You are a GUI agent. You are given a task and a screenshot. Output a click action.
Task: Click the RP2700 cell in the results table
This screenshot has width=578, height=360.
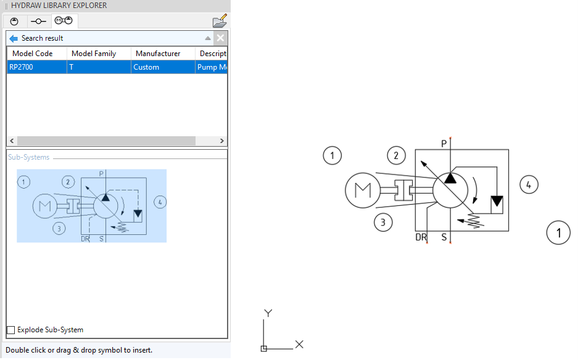pyautogui.click(x=22, y=67)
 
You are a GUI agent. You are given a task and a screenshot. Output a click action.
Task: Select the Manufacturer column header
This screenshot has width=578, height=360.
pyautogui.click(x=158, y=54)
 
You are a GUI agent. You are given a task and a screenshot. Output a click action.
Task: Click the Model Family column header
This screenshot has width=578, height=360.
pyautogui.click(x=94, y=54)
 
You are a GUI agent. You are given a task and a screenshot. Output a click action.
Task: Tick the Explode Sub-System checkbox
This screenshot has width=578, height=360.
pyautogui.click(x=11, y=330)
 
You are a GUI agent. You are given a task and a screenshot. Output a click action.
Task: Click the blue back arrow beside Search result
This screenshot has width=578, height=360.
pyautogui.click(x=14, y=38)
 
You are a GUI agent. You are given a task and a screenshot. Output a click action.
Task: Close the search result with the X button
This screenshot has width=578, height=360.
pyautogui.click(x=220, y=38)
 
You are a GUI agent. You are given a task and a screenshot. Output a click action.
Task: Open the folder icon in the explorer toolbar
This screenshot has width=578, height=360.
pyautogui.click(x=220, y=22)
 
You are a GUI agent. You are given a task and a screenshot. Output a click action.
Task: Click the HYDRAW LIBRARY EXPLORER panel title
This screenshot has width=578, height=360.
pyautogui.click(x=59, y=6)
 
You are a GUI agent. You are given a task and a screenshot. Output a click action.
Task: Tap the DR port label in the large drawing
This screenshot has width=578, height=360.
pyautogui.click(x=421, y=237)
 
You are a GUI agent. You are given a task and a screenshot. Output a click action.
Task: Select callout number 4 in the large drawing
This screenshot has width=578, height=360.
pyautogui.click(x=529, y=184)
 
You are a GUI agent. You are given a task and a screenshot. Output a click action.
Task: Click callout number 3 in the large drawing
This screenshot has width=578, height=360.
pyautogui.click(x=383, y=222)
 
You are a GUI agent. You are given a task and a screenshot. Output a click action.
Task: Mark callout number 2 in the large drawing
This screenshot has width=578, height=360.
pyautogui.click(x=397, y=155)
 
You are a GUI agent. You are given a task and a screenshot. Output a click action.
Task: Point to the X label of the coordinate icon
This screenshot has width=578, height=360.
pyautogui.click(x=299, y=344)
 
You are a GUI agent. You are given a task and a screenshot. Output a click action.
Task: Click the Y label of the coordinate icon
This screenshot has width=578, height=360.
pyautogui.click(x=268, y=313)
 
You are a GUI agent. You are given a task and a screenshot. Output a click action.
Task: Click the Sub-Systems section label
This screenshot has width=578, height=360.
pyautogui.click(x=28, y=157)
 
